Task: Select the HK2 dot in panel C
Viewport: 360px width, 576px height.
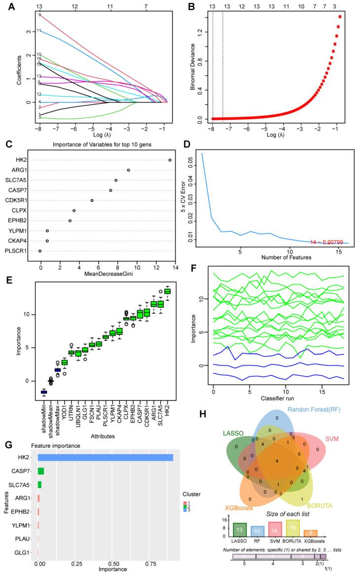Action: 170,160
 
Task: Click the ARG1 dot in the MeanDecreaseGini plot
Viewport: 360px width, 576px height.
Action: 128,170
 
